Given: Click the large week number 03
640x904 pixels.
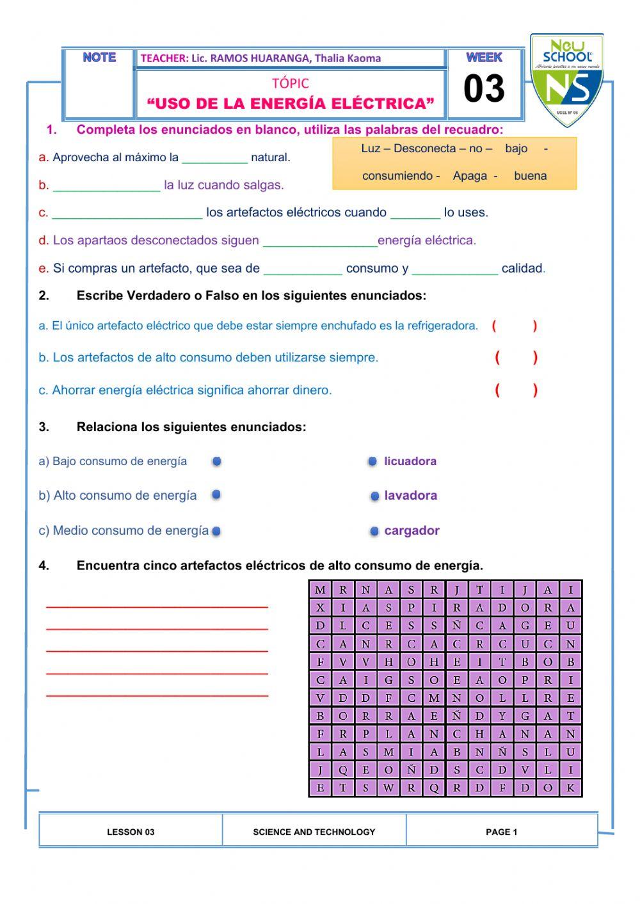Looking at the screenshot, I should (x=484, y=89).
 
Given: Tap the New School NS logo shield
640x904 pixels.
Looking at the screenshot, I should (x=566, y=80).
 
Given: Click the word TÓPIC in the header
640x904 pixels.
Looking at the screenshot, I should (x=290, y=83).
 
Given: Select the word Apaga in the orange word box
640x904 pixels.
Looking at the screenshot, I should (x=470, y=176).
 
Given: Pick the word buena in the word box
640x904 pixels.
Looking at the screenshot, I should (x=530, y=176).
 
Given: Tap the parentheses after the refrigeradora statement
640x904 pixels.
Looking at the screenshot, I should (x=515, y=326).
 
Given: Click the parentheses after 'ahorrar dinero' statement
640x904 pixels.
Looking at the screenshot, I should (x=516, y=390).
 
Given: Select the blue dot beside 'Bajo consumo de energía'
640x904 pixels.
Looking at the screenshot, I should (x=217, y=461).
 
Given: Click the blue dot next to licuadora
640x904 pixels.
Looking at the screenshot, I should (x=372, y=462).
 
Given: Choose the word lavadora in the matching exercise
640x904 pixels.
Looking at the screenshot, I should (x=410, y=495).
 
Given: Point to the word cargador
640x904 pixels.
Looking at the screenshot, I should (x=412, y=530).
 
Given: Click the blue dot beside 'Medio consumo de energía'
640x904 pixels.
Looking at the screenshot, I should (x=216, y=531).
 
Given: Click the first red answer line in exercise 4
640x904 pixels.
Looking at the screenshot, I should (x=157, y=605).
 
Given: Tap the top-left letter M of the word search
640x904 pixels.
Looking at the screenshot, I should (x=320, y=590).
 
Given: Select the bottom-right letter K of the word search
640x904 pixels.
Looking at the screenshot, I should (x=570, y=788).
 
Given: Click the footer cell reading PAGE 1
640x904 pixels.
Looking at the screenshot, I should (x=501, y=832).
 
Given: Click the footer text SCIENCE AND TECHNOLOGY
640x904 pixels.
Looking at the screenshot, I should (x=314, y=832).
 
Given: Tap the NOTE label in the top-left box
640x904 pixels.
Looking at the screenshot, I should (x=99, y=58).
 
